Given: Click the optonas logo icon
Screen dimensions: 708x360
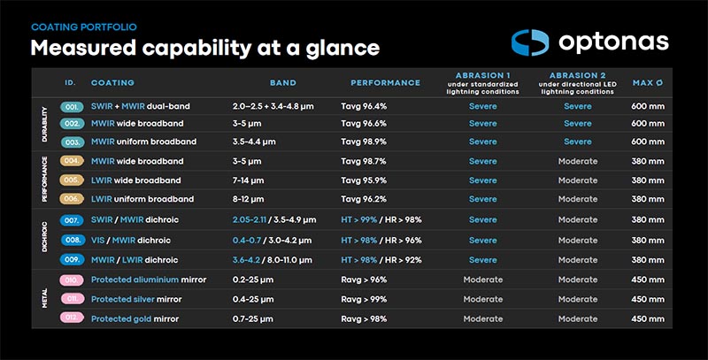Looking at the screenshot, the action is click(530, 42).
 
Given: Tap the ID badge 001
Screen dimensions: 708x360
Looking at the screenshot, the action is click(73, 107).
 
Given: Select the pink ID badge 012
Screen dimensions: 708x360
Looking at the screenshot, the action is click(73, 318).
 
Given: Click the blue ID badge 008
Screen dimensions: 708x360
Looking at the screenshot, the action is click(73, 240).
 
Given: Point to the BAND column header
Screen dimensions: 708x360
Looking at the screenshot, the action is click(283, 83).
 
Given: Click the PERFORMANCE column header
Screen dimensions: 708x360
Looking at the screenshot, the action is click(386, 83).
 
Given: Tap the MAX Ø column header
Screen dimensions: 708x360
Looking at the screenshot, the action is click(648, 83).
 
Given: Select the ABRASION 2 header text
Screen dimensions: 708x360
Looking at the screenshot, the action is click(578, 75).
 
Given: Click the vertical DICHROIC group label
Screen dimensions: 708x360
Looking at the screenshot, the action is click(44, 237).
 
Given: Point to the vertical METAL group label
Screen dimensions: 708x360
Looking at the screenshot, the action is click(44, 298).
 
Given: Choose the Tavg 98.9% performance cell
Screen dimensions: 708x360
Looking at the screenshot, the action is click(364, 142).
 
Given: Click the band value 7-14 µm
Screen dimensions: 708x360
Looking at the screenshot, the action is click(249, 180).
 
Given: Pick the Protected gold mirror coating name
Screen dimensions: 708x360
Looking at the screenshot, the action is click(135, 319).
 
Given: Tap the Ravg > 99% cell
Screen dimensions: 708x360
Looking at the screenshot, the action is click(364, 299).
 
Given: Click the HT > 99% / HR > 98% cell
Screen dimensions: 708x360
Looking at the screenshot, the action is click(381, 219).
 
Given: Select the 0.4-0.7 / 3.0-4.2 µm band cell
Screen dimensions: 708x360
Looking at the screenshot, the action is click(273, 241).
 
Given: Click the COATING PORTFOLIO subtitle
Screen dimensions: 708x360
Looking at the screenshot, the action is click(84, 27).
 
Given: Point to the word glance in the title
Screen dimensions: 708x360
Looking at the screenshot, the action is click(342, 49).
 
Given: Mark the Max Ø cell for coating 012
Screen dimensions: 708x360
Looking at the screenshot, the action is click(648, 319).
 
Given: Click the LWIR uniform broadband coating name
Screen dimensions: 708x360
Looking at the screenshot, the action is click(142, 199).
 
